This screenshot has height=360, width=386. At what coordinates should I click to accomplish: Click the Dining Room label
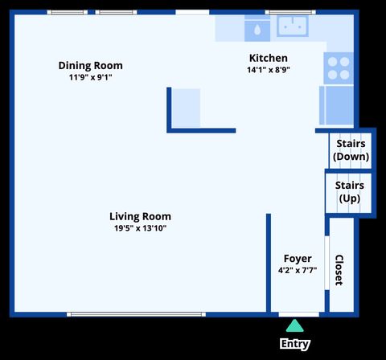coord(91,66)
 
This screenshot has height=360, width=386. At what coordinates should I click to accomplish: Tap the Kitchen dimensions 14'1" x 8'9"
coord(269,70)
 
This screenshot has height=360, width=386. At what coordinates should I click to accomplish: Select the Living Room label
coord(140,216)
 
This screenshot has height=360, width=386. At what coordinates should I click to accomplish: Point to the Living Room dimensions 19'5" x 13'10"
coord(140,228)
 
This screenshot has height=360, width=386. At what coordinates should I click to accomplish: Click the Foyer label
coord(298,259)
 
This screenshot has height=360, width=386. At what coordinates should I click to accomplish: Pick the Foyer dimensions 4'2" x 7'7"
coord(298,270)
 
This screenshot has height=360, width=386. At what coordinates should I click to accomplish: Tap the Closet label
coord(339,270)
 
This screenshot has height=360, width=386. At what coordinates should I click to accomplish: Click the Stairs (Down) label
coord(351,150)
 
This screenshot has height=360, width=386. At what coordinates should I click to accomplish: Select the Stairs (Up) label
coord(350,192)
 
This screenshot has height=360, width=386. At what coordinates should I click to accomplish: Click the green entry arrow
coord(294,325)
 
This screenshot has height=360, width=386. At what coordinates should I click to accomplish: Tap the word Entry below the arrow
coord(295,344)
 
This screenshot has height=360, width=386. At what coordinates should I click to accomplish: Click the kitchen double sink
coord(293,26)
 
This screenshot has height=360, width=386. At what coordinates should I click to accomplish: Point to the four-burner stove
coord(339,68)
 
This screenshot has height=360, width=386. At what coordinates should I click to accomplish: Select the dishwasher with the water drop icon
coord(257,28)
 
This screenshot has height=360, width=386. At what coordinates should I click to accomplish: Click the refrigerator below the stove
coord(336,105)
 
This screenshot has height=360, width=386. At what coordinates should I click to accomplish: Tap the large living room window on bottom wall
coord(136,314)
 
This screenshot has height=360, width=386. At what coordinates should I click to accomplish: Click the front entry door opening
coord(299,314)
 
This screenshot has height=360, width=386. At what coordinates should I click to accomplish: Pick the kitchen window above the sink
coord(290,12)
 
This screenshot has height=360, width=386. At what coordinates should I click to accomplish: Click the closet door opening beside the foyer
coord(327,263)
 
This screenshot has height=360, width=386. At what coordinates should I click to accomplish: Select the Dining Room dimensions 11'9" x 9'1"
coord(90,77)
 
